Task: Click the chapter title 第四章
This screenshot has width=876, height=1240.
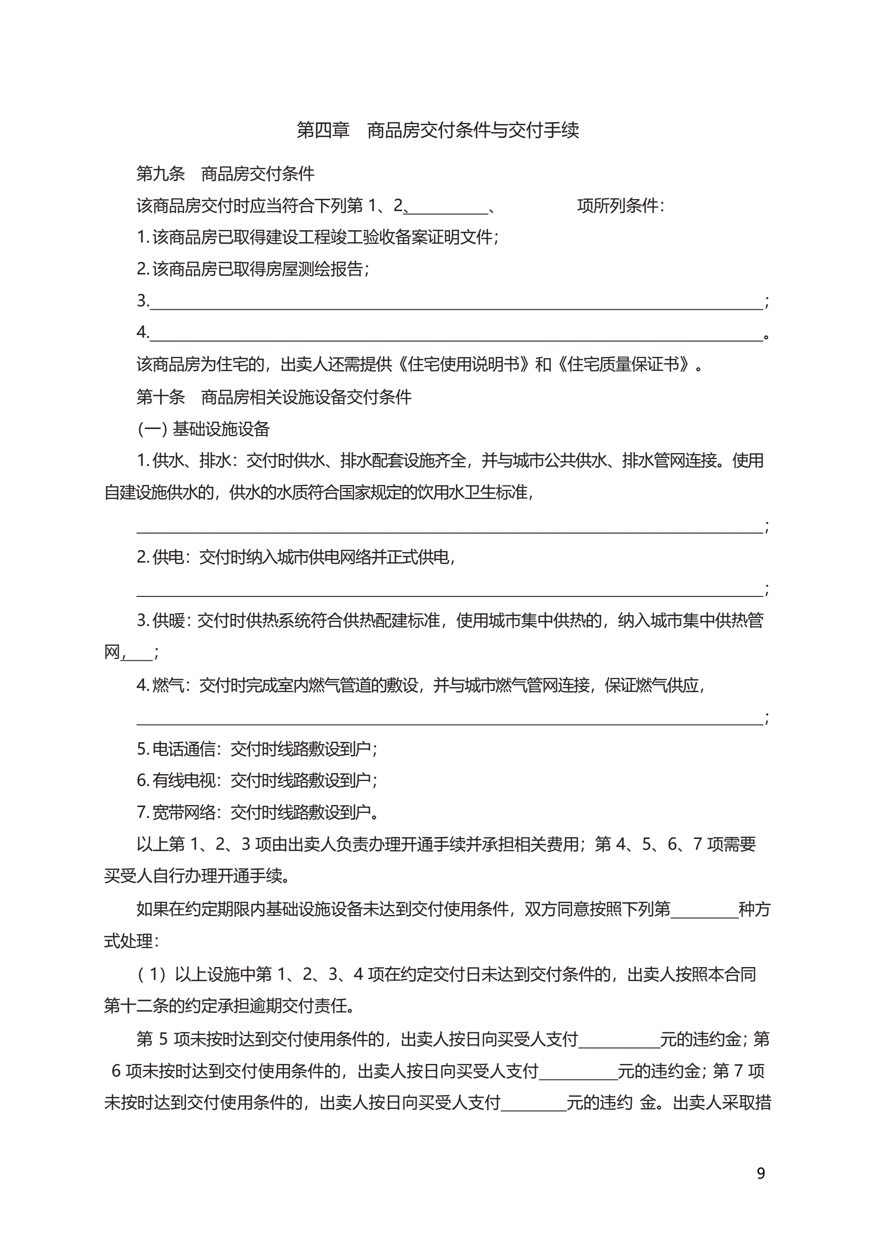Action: pos(323,130)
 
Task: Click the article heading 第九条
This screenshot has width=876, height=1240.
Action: pos(160,174)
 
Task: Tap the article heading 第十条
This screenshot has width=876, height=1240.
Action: pos(160,397)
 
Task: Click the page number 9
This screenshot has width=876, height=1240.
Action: pos(760,1173)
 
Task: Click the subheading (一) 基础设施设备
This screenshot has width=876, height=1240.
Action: pos(204,429)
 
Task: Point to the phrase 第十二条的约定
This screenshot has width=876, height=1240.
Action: pos(160,1006)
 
